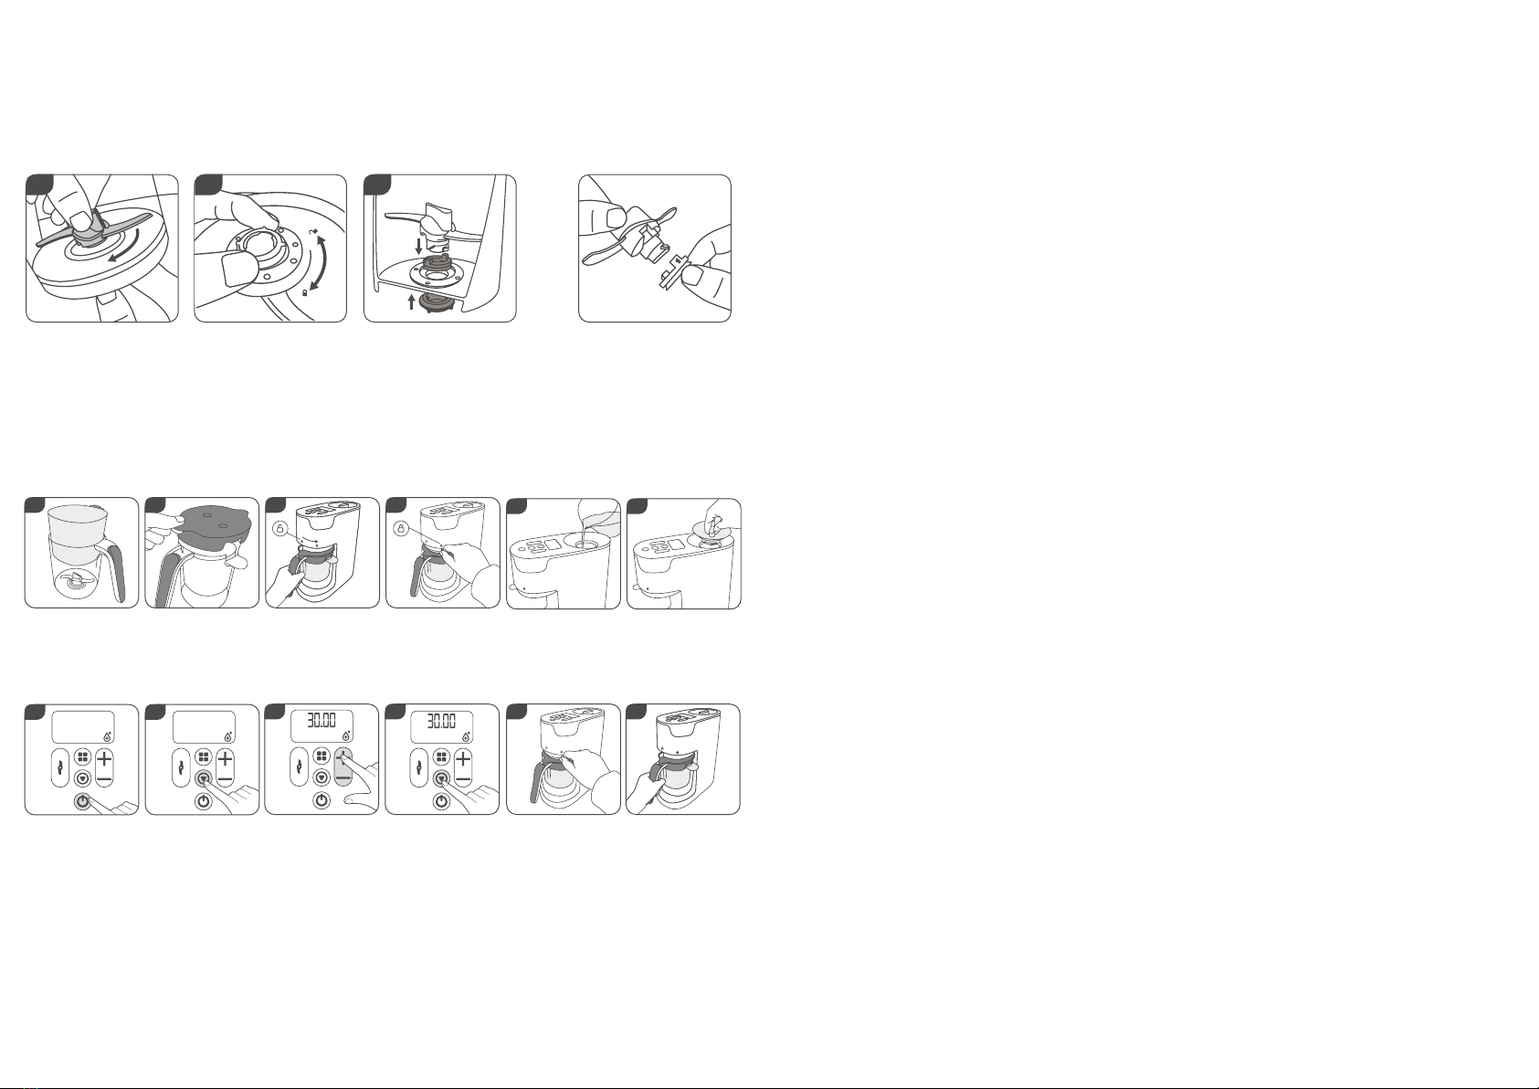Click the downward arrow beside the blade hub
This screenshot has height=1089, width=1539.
419,246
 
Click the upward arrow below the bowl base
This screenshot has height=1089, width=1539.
412,301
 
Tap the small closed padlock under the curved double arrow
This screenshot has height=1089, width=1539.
304,292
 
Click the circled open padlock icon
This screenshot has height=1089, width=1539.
280,529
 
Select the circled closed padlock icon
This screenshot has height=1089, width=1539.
401,529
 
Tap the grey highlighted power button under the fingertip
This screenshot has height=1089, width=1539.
82,801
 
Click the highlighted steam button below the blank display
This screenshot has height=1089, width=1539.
204,778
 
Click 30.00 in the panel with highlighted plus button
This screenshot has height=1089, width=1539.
322,721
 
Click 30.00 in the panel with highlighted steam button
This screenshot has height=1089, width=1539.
441,721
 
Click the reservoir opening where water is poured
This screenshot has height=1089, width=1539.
585,544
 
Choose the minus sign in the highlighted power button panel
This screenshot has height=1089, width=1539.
104,779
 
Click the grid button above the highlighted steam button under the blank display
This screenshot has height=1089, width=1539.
204,757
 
